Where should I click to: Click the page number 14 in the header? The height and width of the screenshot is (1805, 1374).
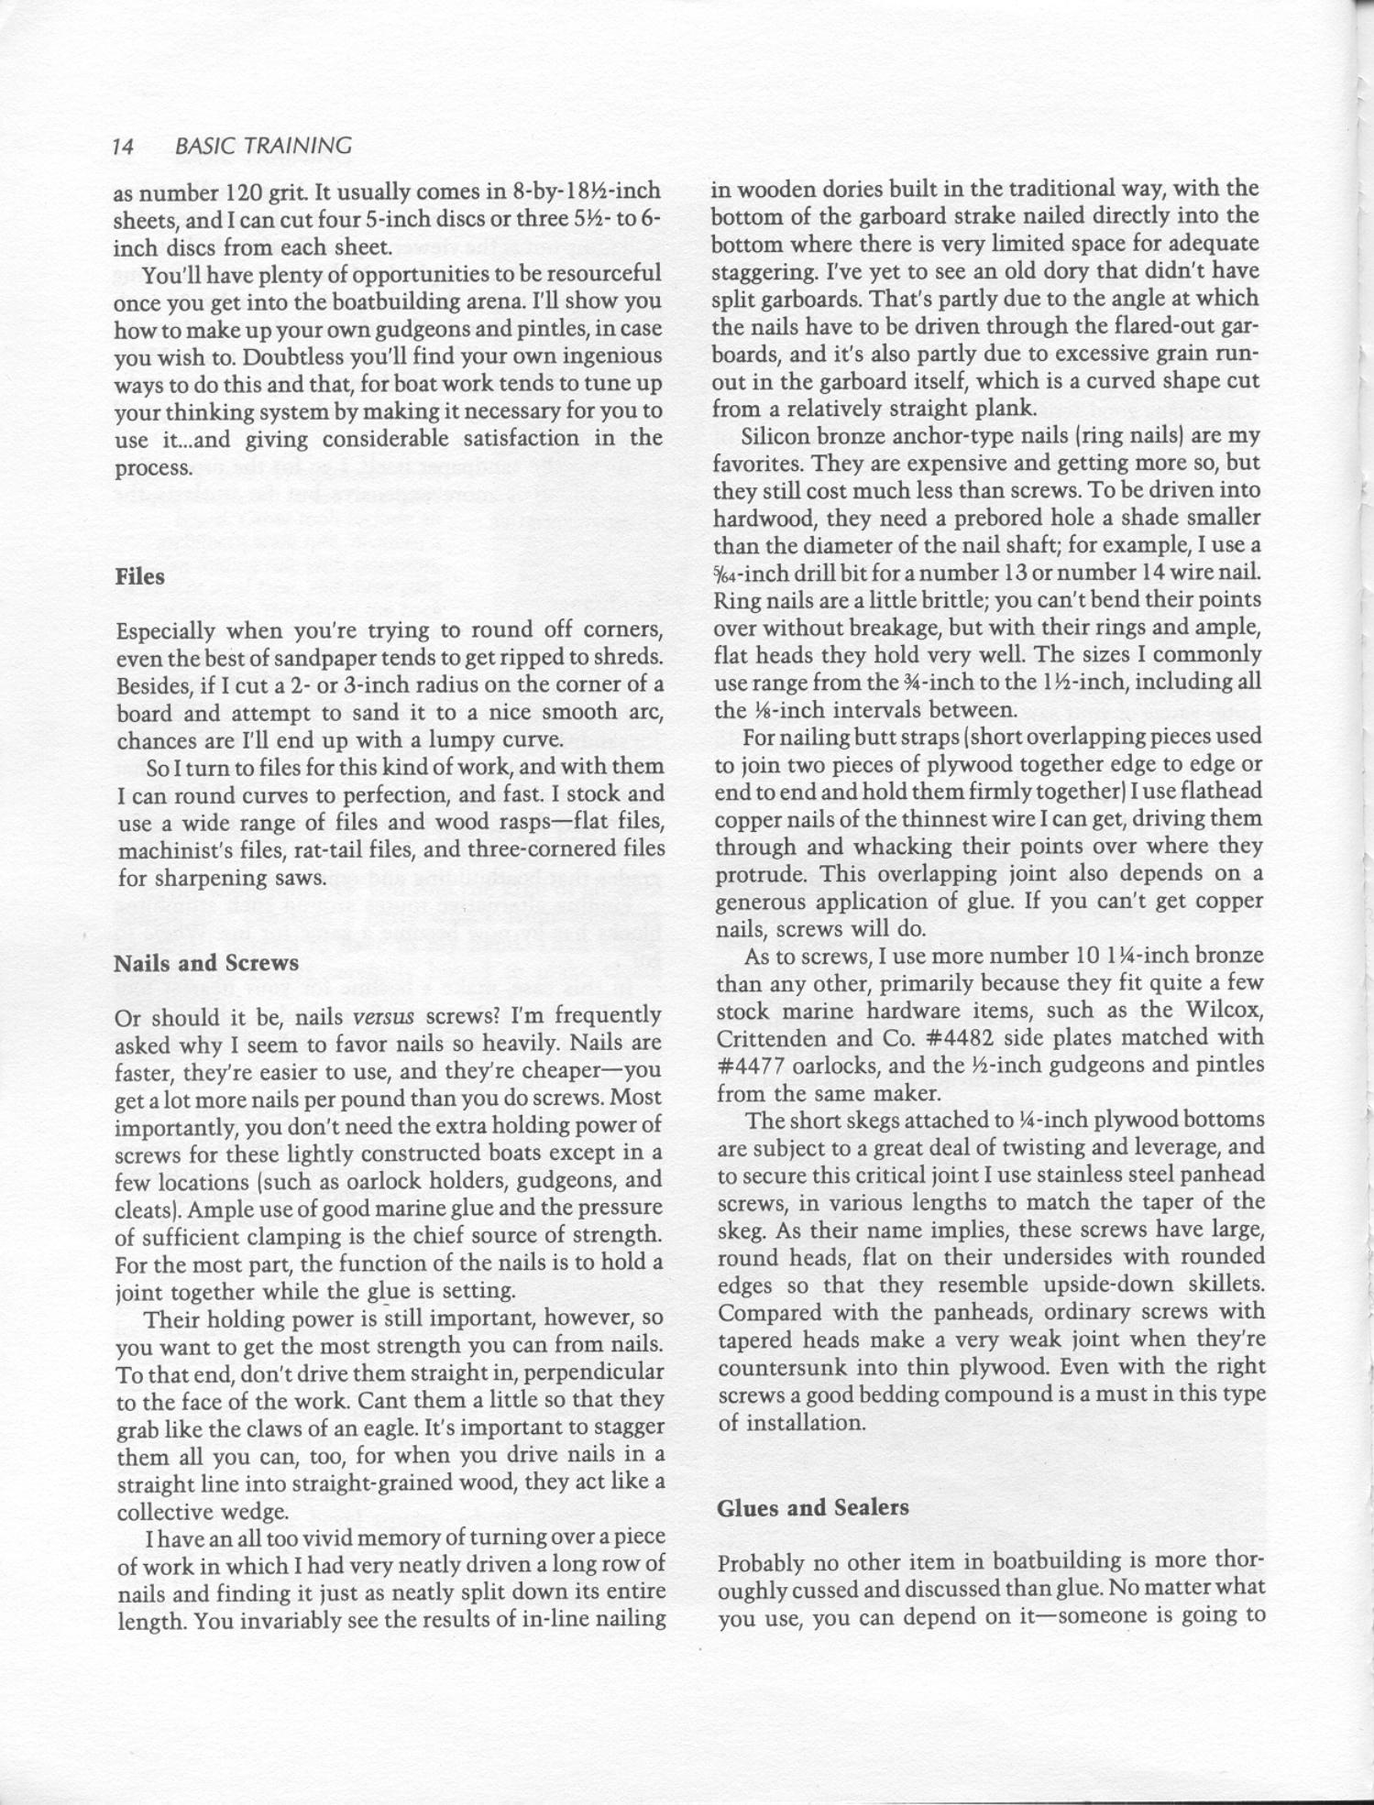pyautogui.click(x=124, y=146)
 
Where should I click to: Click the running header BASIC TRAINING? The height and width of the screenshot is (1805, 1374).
pyautogui.click(x=262, y=146)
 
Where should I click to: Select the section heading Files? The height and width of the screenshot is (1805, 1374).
pyautogui.click(x=140, y=577)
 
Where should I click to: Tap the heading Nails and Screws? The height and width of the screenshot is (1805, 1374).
pyautogui.click(x=206, y=964)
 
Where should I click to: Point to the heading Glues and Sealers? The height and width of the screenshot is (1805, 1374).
pyautogui.click(x=813, y=1508)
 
